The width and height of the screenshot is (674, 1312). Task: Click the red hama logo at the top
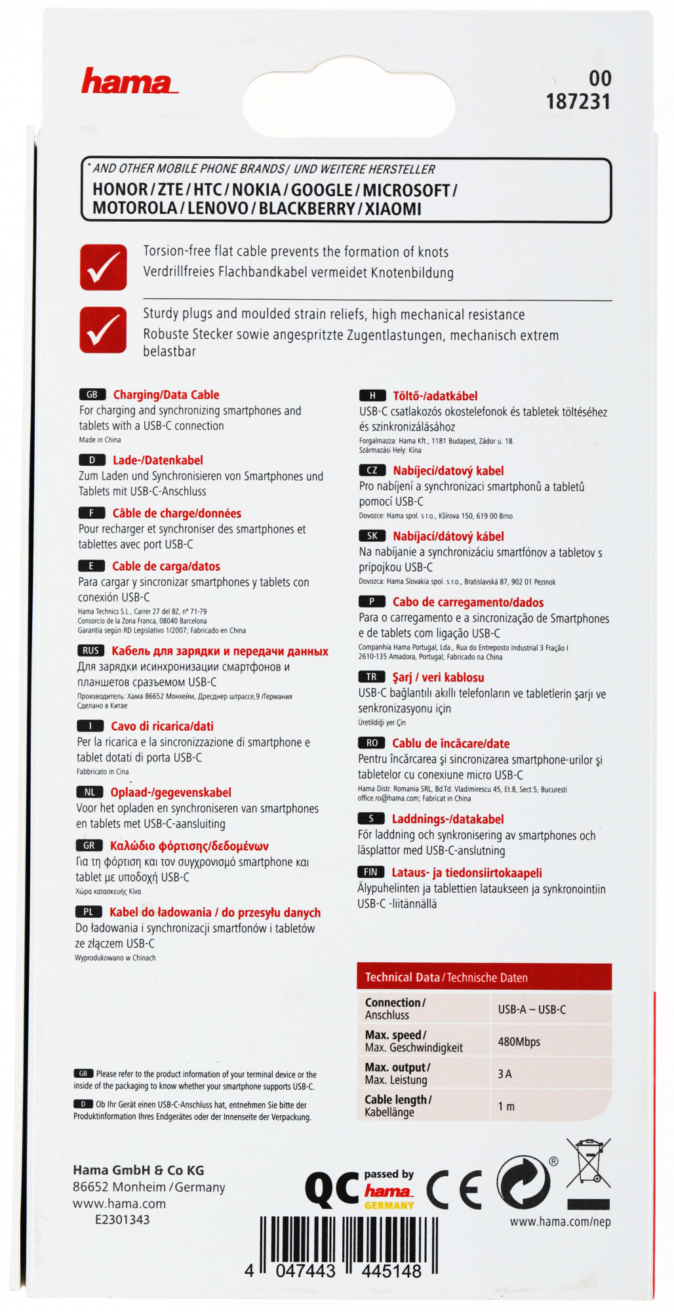[x=129, y=83]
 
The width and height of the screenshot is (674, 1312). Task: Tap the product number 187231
[x=578, y=102]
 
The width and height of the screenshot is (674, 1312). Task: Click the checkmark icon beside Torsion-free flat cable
[x=104, y=267]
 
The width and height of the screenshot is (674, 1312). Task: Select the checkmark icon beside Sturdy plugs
[x=104, y=329]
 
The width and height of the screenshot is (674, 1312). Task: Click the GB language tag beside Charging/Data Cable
[x=92, y=395]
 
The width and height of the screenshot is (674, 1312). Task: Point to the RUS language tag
[x=90, y=651]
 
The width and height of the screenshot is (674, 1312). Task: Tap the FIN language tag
[x=371, y=872]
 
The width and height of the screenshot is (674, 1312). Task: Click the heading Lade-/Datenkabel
[x=157, y=461]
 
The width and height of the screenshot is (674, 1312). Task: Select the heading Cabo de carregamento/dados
[x=467, y=602]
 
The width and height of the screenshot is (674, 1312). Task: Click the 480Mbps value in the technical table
[x=519, y=1042]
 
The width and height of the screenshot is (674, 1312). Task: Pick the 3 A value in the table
[x=505, y=1074]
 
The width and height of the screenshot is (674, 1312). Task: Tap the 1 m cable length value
[x=506, y=1106]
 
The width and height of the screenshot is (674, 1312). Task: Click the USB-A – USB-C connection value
[x=532, y=1010]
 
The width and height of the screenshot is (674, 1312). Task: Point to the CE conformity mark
[x=454, y=1189]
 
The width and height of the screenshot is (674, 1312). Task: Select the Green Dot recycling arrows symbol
[x=523, y=1185]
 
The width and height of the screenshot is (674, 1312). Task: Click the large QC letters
[x=332, y=1190]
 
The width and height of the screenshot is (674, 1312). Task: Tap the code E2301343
[x=122, y=1220]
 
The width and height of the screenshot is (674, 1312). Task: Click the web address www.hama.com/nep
[x=560, y=1221]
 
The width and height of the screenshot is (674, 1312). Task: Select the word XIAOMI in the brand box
[x=393, y=209]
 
